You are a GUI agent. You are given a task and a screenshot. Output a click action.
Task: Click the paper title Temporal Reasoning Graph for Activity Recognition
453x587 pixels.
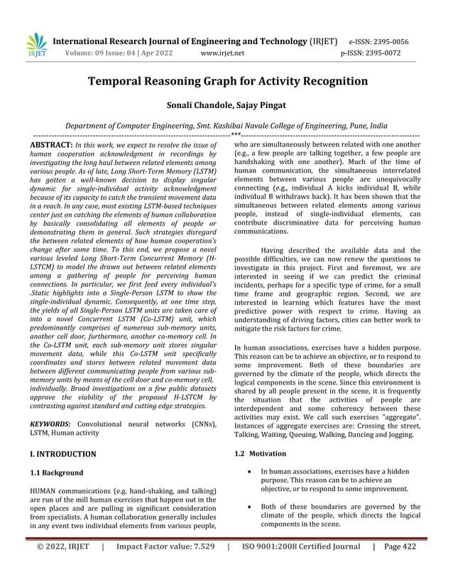tap(226, 81)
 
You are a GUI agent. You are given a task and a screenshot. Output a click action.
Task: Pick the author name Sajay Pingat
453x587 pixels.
tap(261, 104)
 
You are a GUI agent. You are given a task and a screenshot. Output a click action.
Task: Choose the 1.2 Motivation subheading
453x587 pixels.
tap(260, 453)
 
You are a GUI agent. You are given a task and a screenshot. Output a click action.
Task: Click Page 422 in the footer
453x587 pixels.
tap(400, 566)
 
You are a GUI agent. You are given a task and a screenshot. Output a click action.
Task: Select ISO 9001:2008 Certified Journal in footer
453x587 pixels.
tap(301, 566)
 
